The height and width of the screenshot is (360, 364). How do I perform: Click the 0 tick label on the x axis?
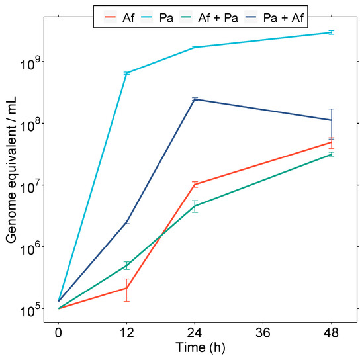click(59, 332)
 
